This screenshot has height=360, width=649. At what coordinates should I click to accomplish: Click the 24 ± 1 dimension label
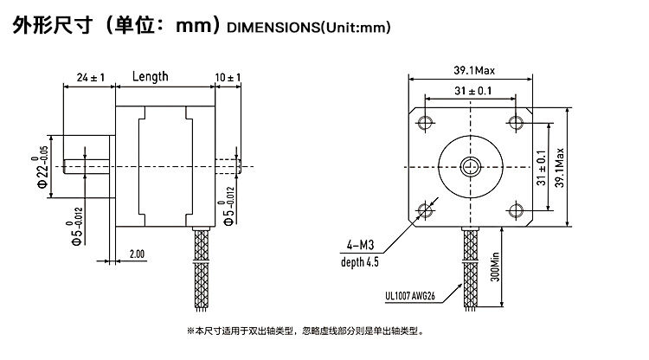click(90, 78)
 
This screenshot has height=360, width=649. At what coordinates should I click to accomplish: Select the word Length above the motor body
click(150, 76)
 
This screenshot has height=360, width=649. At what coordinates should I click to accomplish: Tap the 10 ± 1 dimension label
click(228, 78)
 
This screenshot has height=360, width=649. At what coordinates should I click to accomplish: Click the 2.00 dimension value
click(137, 254)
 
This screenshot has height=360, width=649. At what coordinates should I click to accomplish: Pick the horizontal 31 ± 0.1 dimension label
click(472, 91)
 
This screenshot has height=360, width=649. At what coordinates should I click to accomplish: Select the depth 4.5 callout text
click(359, 260)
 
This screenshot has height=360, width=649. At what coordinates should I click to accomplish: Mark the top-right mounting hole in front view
click(517, 120)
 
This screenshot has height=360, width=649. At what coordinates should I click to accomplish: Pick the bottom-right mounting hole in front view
click(517, 209)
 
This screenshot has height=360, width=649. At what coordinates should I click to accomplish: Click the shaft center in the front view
click(472, 164)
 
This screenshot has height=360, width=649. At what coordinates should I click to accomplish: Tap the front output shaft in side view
click(89, 164)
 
